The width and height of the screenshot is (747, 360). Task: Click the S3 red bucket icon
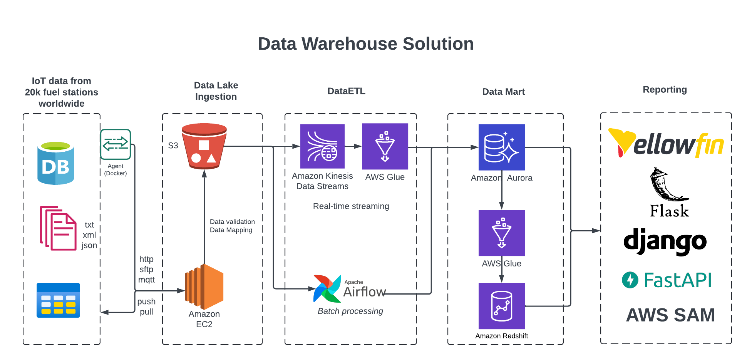pyautogui.click(x=204, y=146)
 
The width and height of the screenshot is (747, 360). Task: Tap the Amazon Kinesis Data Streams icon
pyautogui.click(x=322, y=146)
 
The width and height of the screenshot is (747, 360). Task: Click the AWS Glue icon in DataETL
pyautogui.click(x=385, y=146)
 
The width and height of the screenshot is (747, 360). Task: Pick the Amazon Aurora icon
pyautogui.click(x=501, y=147)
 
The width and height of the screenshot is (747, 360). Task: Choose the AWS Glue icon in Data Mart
pyautogui.click(x=501, y=233)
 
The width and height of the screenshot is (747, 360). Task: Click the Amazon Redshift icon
pyautogui.click(x=501, y=306)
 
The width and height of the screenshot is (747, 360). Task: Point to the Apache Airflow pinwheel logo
pyautogui.click(x=327, y=289)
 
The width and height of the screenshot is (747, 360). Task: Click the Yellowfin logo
pyautogui.click(x=666, y=144)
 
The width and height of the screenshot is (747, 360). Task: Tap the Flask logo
pyautogui.click(x=669, y=193)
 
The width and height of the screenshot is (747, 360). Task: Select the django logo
pyautogui.click(x=665, y=241)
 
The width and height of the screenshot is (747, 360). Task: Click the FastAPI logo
pyautogui.click(x=667, y=280)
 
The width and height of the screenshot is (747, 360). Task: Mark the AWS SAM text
pyautogui.click(x=670, y=315)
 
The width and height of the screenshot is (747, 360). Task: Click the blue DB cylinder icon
pyautogui.click(x=56, y=163)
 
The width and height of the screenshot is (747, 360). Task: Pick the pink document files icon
pyautogui.click(x=58, y=228)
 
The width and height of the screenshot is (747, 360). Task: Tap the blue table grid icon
pyautogui.click(x=58, y=300)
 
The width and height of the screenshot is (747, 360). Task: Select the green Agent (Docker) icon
pyautogui.click(x=116, y=144)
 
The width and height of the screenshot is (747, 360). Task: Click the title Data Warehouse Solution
pyautogui.click(x=366, y=44)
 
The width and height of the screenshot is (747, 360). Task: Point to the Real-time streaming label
pyautogui.click(x=351, y=206)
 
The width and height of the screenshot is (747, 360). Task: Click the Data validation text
pyautogui.click(x=232, y=222)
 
